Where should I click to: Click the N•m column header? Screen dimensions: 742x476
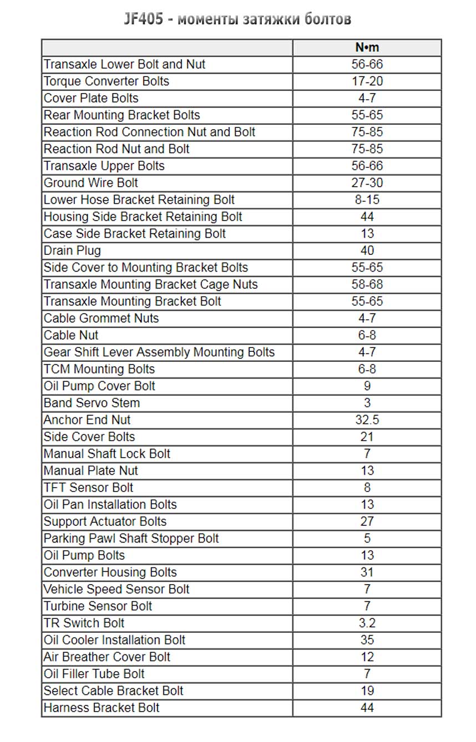pos(367,48)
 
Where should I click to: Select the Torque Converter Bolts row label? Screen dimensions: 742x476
pos(106,81)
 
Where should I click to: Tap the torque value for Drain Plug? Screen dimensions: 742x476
pos(367,250)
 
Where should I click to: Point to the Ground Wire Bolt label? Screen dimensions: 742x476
pos(90,183)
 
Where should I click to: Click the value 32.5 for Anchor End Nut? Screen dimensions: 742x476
pos(367,420)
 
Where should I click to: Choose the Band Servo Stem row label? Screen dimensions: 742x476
pos(92,403)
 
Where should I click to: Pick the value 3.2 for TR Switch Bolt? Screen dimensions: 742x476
pos(367,623)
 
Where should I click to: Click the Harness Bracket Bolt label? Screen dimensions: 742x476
pos(102,708)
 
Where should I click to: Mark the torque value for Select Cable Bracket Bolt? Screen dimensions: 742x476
pos(367,691)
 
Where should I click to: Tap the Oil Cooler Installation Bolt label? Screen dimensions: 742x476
pos(114,640)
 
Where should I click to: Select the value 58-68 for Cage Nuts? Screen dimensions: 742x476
pos(367,284)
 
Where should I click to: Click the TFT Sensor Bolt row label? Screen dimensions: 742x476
pos(88,488)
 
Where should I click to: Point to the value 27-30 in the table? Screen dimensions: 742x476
pos(367,183)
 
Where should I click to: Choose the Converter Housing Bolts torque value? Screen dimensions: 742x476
pos(367,572)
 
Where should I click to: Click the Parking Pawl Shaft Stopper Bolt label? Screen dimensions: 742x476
pos(131,539)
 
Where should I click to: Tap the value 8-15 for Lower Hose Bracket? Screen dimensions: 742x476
pos(367,200)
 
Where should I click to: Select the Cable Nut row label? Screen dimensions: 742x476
pos(71,335)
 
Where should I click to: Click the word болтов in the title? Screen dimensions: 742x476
pos(328,19)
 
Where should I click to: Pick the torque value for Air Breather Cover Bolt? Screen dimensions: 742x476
pos(367,657)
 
